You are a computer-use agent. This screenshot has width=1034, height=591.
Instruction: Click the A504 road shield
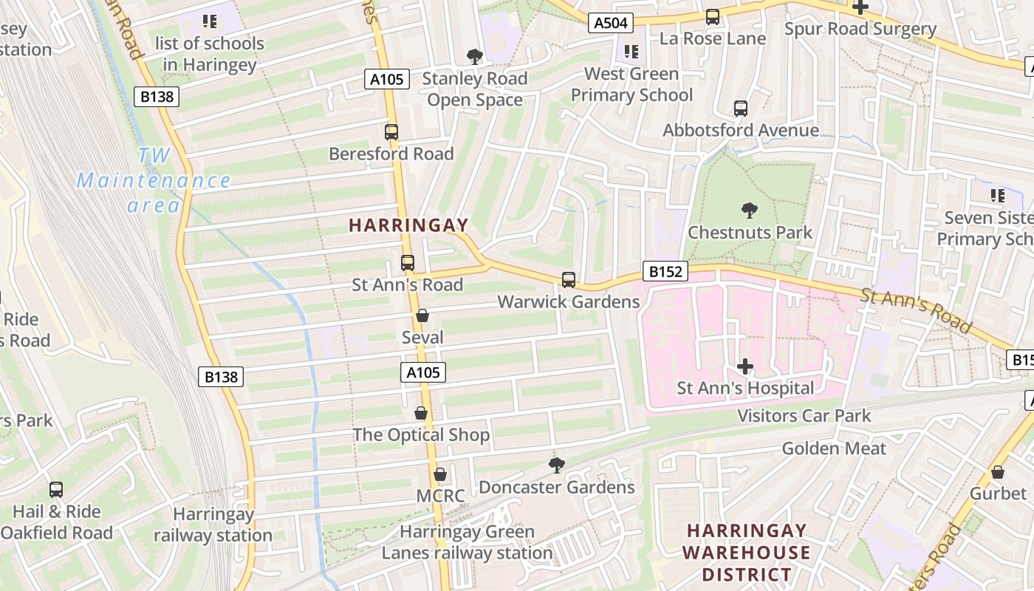(x=611, y=23)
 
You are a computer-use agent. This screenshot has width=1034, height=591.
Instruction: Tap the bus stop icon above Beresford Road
(x=391, y=132)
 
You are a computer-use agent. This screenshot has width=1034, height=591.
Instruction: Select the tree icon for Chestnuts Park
(x=750, y=211)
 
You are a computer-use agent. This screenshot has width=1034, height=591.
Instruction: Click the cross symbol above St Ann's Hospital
(x=745, y=366)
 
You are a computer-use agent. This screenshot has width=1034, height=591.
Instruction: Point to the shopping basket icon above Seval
(x=422, y=316)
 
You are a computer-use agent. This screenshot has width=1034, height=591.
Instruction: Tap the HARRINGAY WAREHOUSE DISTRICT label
(x=746, y=552)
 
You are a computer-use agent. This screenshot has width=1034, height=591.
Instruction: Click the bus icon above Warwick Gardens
(x=568, y=280)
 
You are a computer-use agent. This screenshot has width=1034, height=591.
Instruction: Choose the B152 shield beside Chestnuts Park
(x=665, y=271)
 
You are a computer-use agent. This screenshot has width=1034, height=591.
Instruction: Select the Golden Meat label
(x=834, y=448)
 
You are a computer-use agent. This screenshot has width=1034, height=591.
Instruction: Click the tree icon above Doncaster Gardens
(x=556, y=465)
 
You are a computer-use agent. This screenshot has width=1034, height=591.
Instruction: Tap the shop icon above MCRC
(x=440, y=474)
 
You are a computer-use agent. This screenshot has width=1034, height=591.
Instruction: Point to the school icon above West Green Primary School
(x=631, y=52)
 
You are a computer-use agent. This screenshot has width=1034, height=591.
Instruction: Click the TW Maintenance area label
(x=154, y=180)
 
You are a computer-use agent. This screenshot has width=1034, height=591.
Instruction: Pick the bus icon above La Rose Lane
(x=713, y=16)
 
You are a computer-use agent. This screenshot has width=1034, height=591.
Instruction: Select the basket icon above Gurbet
(x=998, y=472)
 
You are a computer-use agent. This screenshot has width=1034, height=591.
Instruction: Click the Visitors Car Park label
(x=804, y=416)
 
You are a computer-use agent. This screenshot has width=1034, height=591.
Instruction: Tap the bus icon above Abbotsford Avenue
(x=741, y=109)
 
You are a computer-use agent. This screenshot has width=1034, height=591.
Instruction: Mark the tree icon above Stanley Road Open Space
(x=475, y=56)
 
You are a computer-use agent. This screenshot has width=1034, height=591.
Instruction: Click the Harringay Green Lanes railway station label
(x=467, y=542)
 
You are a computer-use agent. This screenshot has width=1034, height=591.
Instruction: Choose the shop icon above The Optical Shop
(x=421, y=413)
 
